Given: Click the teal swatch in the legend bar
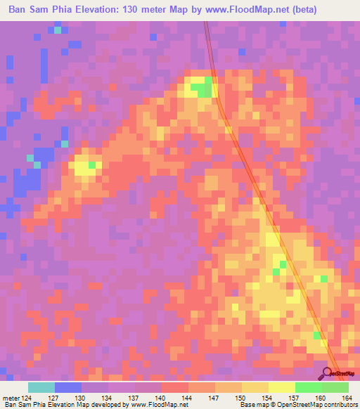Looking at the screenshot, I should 41,387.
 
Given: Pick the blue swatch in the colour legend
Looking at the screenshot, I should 68,387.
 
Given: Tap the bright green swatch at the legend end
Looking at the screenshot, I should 335,387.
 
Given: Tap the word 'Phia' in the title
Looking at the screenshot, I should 69,10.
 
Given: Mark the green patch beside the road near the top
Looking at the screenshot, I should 204,89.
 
